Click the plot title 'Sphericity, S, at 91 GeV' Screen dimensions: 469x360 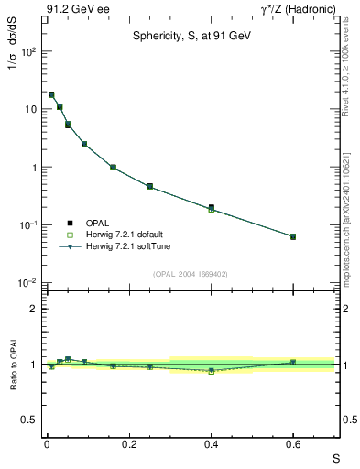(x=190, y=36)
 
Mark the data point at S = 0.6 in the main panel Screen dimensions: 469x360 (x=293, y=236)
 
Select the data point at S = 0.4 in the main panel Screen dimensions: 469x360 (x=212, y=208)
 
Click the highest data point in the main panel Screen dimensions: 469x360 (x=51, y=94)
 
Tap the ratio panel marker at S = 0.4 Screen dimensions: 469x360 (x=212, y=371)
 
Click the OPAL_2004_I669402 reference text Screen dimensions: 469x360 (x=190, y=273)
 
